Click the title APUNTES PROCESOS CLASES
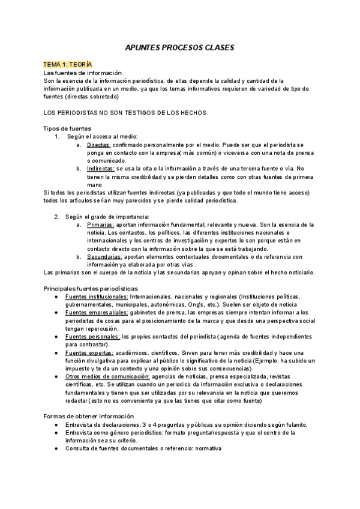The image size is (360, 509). (x=179, y=46)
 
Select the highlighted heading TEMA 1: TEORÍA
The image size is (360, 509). (x=67, y=64)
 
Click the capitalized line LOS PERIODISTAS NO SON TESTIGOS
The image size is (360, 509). (x=125, y=113)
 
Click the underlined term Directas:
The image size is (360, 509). (x=98, y=145)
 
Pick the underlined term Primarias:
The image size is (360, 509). (x=100, y=224)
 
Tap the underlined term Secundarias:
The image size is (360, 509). (x=104, y=256)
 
